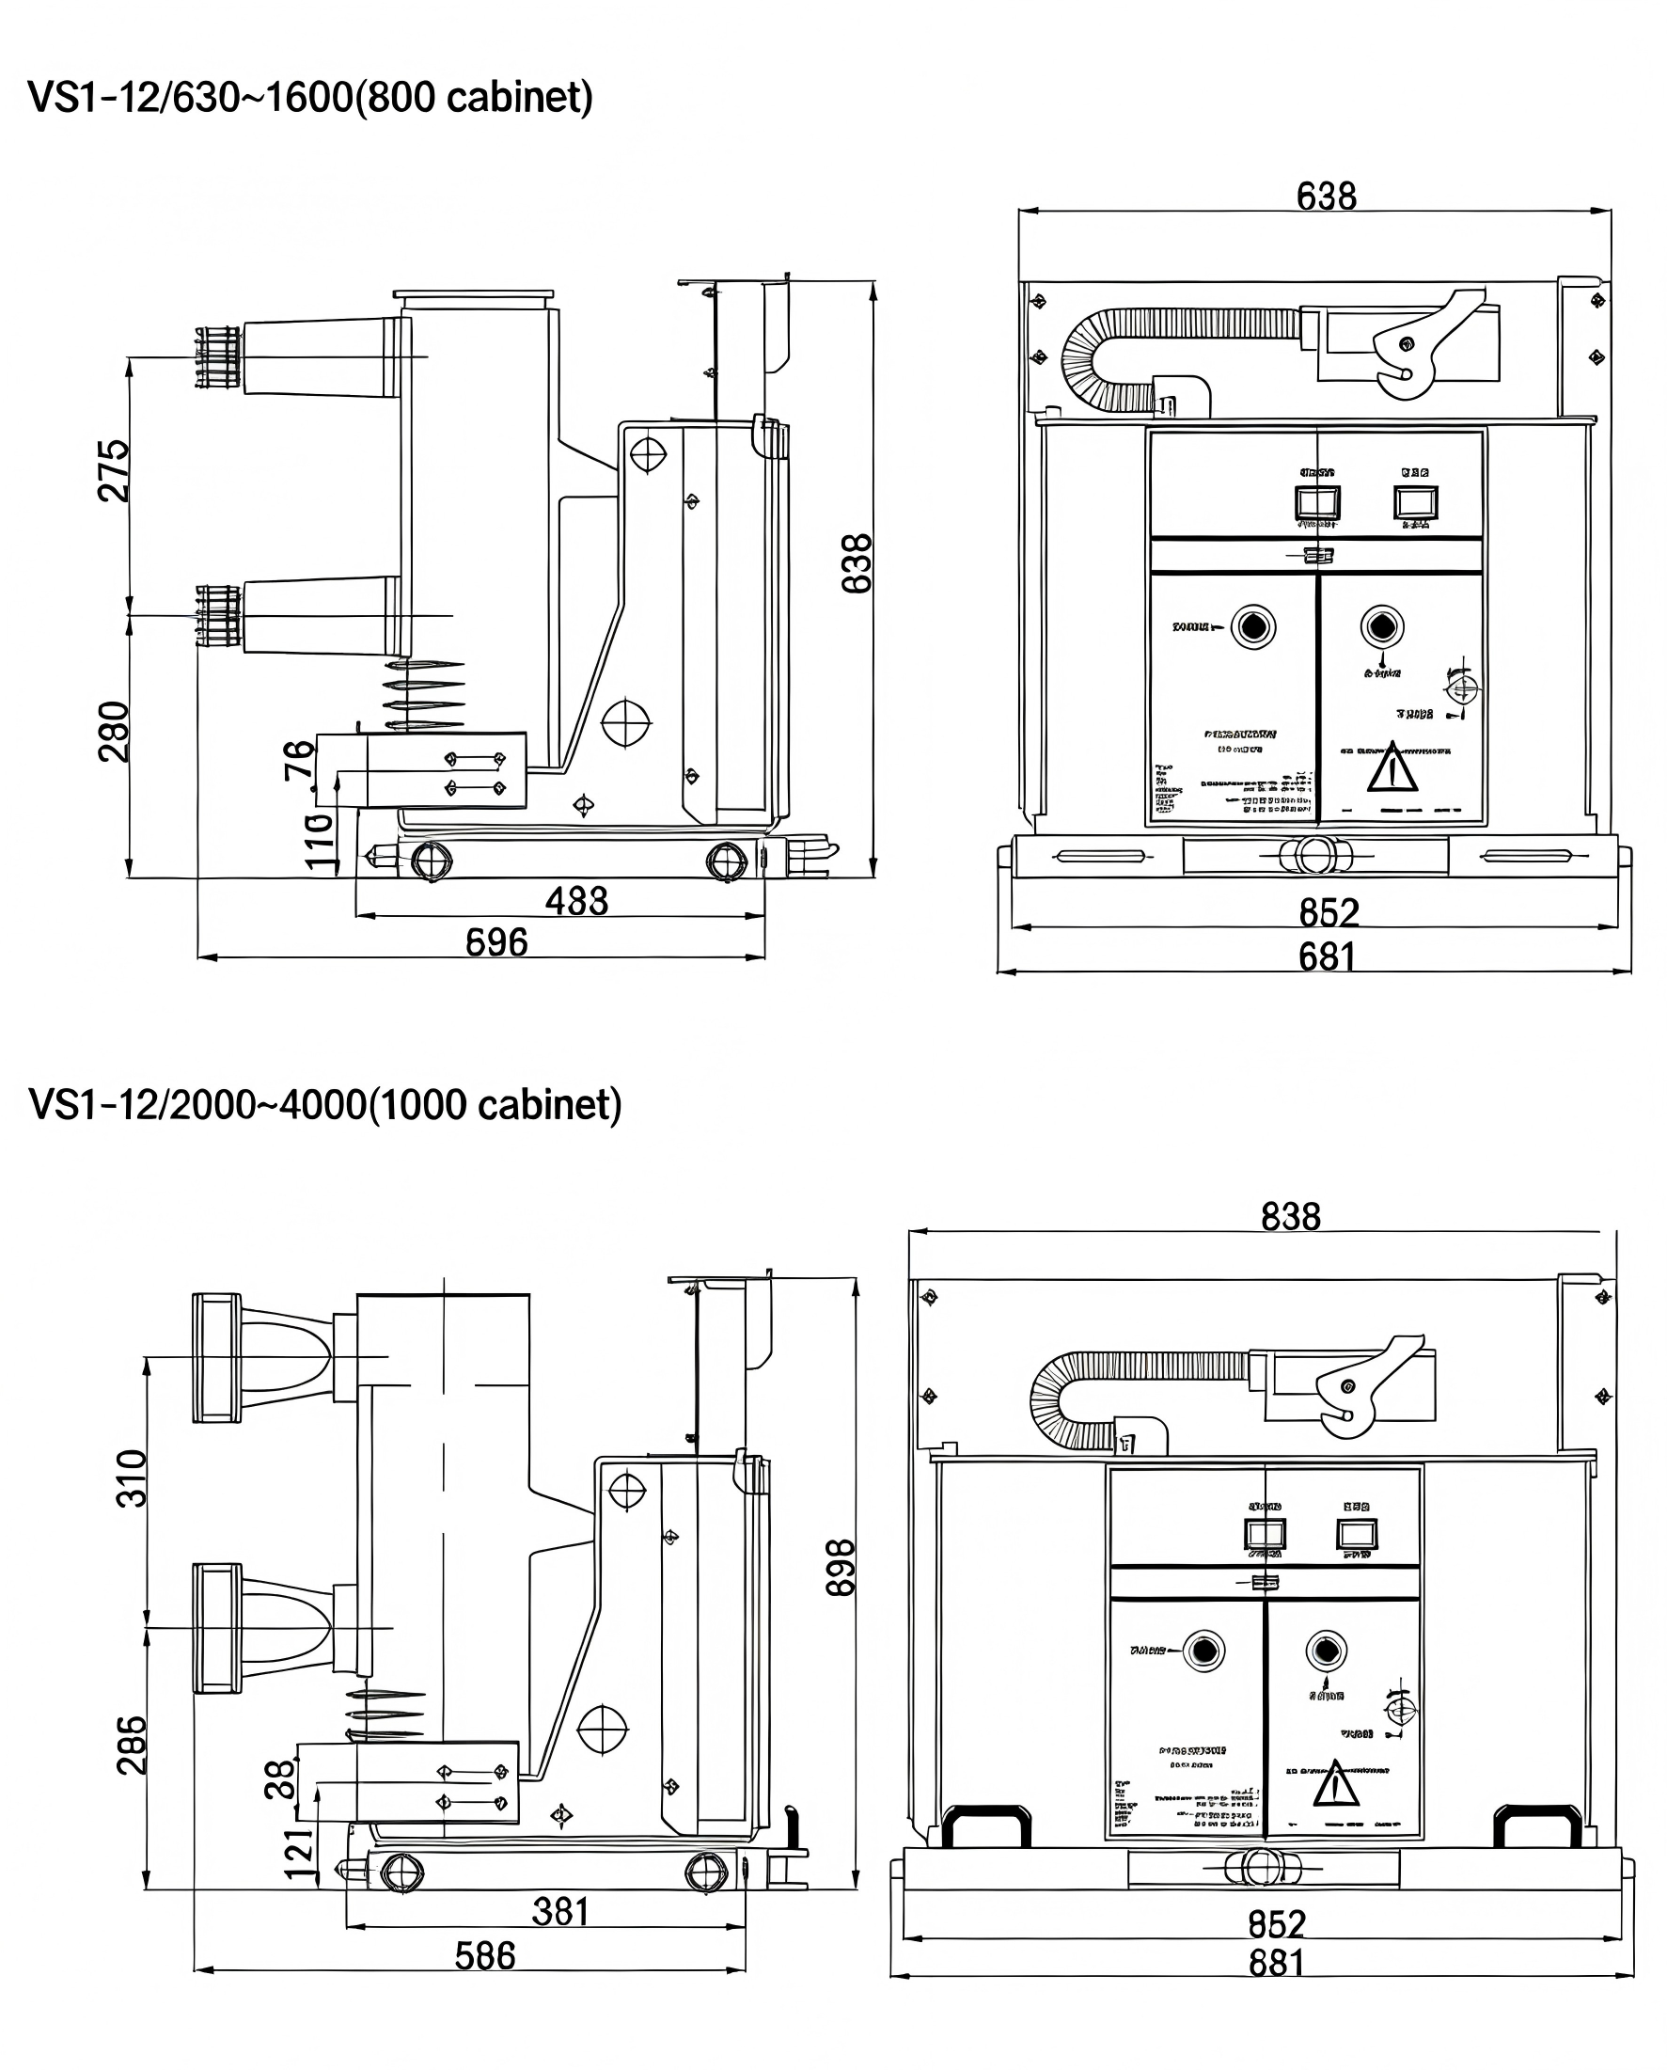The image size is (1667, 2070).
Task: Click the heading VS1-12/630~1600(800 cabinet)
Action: pyautogui.click(x=310, y=98)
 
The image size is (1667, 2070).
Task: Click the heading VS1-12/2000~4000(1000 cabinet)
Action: pyautogui.click(x=324, y=1105)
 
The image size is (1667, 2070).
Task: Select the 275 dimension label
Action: pyautogui.click(x=114, y=469)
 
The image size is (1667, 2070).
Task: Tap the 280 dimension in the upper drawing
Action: pyautogui.click(x=114, y=731)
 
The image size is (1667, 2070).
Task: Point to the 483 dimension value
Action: pyautogui.click(x=576, y=901)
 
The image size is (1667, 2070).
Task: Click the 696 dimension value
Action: pyautogui.click(x=496, y=942)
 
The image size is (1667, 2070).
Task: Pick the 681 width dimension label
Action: pyautogui.click(x=1327, y=956)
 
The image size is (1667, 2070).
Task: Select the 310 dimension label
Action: pyautogui.click(x=132, y=1478)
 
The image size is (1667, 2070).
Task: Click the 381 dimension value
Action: pyautogui.click(x=559, y=1911)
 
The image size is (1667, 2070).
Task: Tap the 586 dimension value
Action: pyautogui.click(x=485, y=1955)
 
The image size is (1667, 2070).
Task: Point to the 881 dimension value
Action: pyautogui.click(x=1276, y=1964)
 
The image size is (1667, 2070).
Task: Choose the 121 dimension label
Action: pyautogui.click(x=300, y=1854)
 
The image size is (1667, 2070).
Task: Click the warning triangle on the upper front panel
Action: pyautogui.click(x=1392, y=768)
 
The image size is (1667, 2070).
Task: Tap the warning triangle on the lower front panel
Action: pyautogui.click(x=1336, y=1785)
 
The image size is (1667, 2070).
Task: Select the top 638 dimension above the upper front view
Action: pyautogui.click(x=1326, y=196)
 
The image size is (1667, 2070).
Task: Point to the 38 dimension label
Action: pyautogui.click(x=279, y=1779)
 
